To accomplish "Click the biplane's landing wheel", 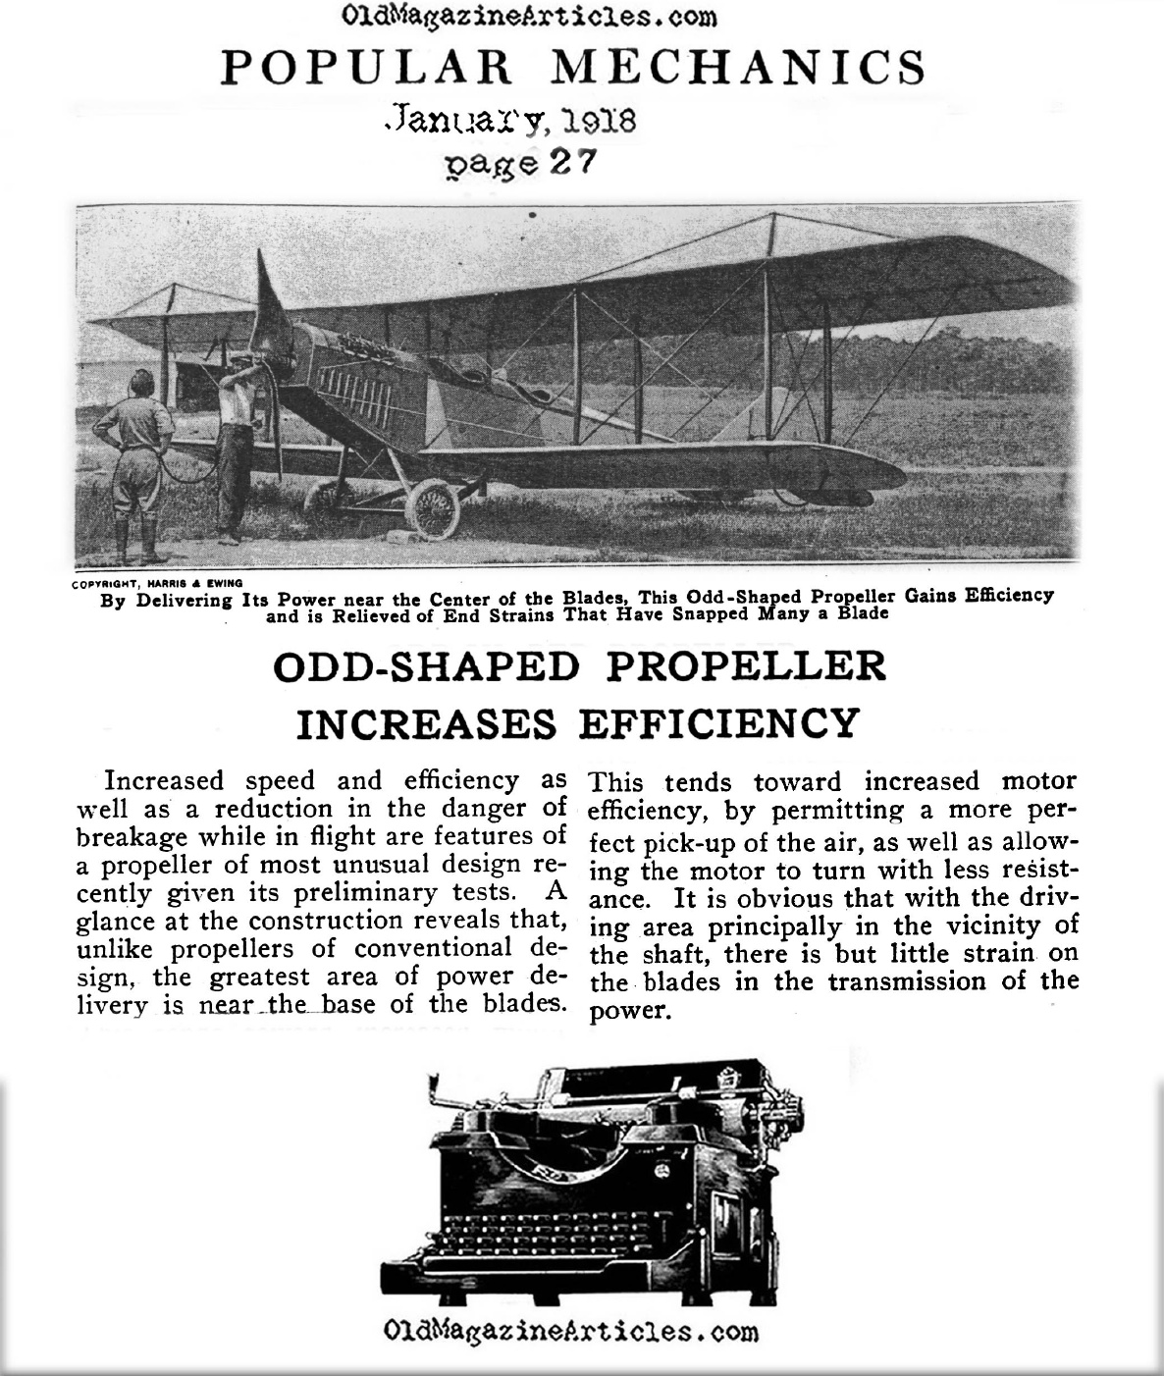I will click(433, 509).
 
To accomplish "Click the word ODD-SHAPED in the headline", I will click(426, 666).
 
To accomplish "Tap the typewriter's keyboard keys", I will click(579, 1237).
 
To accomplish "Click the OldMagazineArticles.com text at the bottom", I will click(572, 1332).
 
